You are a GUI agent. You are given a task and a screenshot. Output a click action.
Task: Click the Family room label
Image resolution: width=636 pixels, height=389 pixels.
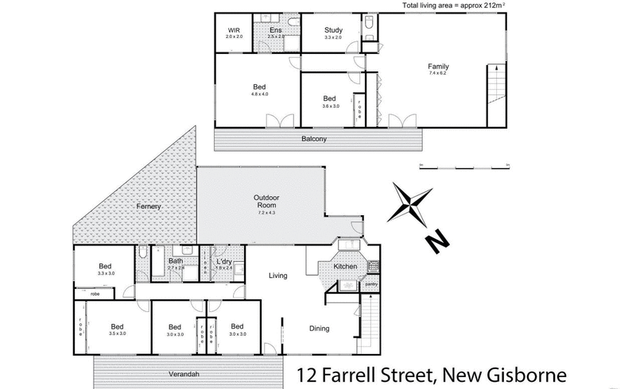[x=439, y=66]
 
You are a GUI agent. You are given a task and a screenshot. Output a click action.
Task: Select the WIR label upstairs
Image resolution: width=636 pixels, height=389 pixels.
[x=234, y=31]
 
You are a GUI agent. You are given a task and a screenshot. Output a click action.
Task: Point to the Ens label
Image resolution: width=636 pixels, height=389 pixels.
[x=276, y=31]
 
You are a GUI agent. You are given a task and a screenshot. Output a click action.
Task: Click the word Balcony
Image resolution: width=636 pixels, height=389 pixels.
[x=315, y=139]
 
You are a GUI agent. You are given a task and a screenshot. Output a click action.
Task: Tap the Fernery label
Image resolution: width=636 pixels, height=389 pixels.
[x=149, y=206]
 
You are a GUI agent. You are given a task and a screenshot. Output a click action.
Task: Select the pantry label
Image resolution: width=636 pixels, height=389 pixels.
[x=370, y=283]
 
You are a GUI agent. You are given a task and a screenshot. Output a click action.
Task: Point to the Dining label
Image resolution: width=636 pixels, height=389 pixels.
[x=319, y=329]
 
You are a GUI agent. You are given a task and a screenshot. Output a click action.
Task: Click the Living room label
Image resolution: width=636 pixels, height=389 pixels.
[x=278, y=275]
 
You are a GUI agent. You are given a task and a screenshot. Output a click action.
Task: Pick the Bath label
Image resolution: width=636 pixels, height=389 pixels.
[x=176, y=260]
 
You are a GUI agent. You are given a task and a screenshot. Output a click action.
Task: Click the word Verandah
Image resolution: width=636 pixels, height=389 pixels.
[x=184, y=374]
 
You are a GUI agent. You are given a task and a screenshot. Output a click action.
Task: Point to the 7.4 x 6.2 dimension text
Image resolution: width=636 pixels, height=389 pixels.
[x=439, y=73]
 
